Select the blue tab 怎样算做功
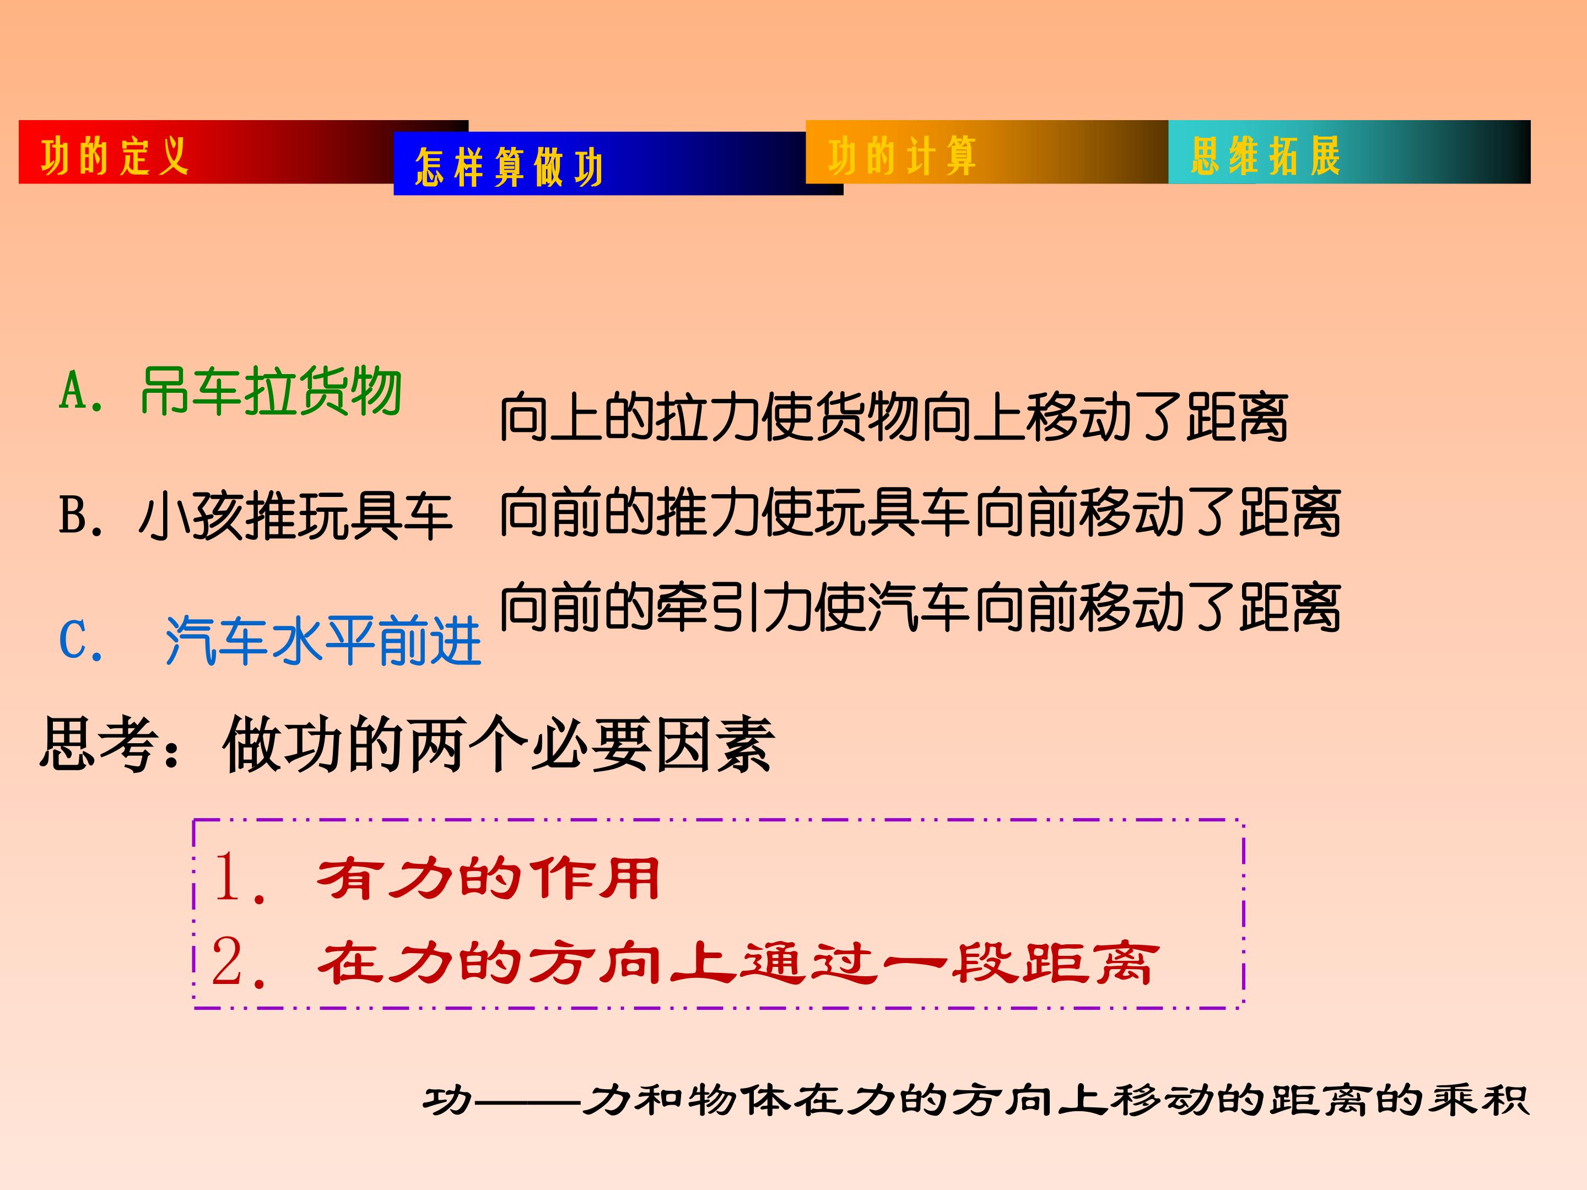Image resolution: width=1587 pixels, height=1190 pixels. click(509, 167)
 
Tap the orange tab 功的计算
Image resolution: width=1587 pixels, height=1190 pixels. click(902, 156)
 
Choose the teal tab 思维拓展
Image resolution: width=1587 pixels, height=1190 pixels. click(1265, 156)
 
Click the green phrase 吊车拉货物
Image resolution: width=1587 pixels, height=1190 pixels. click(271, 392)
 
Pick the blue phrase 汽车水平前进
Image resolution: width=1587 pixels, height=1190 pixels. click(323, 641)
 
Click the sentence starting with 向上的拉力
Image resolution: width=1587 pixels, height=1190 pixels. click(893, 418)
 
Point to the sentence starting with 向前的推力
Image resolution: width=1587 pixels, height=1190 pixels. click(920, 512)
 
